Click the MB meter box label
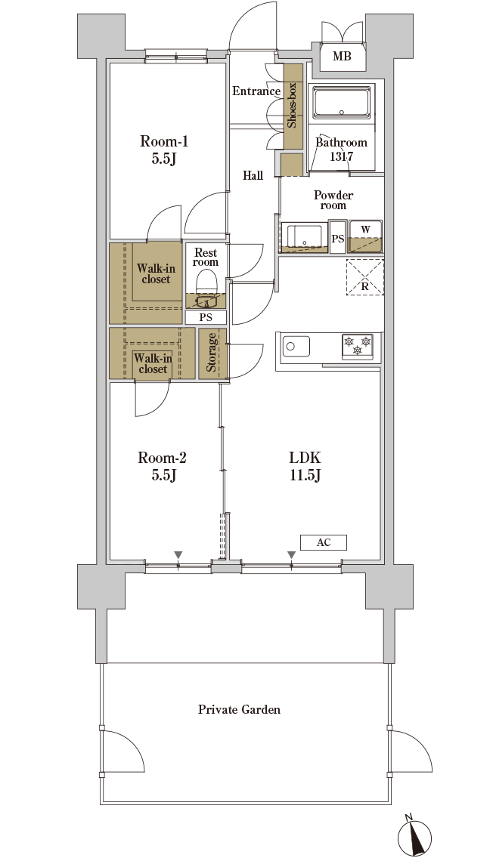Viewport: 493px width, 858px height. [342, 56]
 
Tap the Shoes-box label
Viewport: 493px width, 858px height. [292, 105]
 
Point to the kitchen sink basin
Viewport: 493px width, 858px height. [296, 347]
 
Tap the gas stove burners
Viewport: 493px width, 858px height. [357, 347]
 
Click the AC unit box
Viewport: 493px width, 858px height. [323, 542]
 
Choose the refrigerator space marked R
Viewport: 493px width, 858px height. [364, 277]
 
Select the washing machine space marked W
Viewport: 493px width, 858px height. [365, 236]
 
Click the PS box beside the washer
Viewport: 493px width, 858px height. [338, 237]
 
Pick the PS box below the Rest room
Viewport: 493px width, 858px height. [206, 317]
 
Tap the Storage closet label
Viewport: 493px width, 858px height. [212, 353]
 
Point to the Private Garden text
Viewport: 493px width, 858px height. [240, 710]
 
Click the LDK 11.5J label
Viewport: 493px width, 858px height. [305, 466]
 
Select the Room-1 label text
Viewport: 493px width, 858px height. [164, 150]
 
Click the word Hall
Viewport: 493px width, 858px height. [253, 176]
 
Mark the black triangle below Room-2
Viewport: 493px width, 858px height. [178, 555]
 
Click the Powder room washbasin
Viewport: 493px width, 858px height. [304, 236]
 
